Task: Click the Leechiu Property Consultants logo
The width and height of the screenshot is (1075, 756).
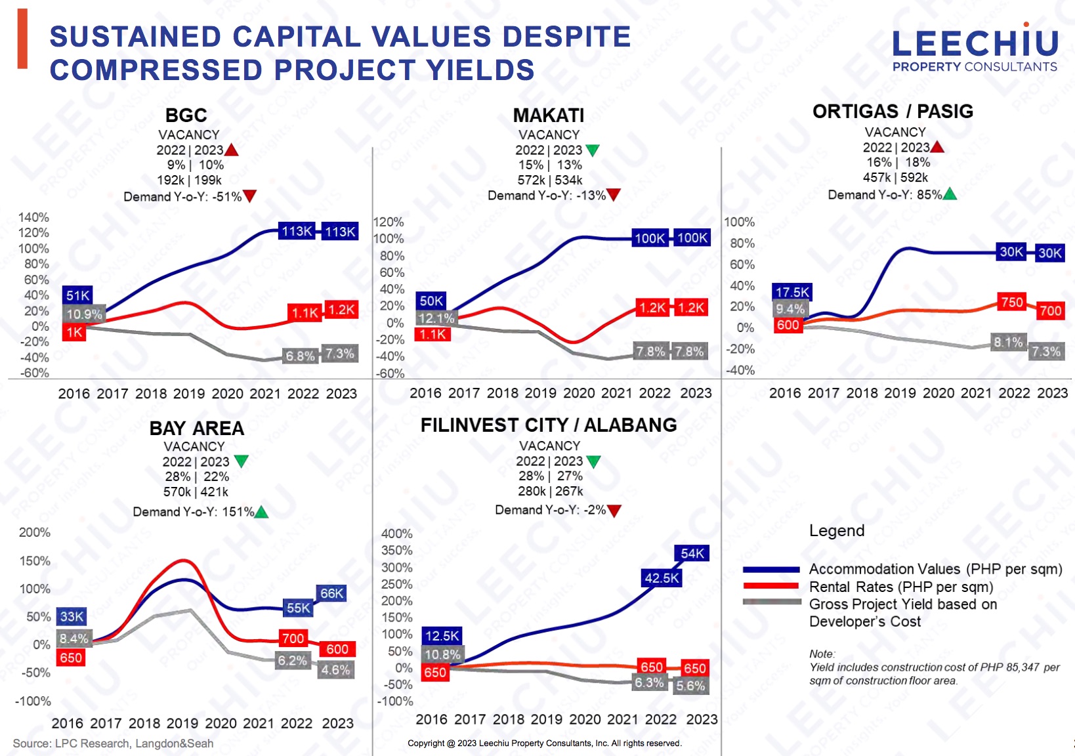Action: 975,49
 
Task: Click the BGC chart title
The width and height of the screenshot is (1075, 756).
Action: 186,115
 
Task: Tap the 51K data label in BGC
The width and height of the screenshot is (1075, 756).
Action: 77,295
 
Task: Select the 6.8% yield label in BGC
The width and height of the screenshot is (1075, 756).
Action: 300,356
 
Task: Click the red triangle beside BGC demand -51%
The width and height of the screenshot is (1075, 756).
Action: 250,196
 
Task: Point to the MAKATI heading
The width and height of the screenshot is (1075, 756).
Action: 549,115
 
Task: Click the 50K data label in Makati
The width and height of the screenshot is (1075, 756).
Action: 431,301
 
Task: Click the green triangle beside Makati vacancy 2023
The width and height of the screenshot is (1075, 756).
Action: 592,150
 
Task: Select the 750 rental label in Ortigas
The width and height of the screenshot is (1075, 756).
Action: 1012,302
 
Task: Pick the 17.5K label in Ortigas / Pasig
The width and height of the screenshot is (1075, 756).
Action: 792,292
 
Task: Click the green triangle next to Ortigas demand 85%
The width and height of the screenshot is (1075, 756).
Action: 950,194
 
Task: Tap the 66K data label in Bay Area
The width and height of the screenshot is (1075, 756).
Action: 331,593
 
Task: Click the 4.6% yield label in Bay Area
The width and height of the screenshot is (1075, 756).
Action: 335,670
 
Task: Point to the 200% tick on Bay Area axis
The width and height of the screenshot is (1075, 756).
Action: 35,532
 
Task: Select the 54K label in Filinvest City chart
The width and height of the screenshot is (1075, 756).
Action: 692,553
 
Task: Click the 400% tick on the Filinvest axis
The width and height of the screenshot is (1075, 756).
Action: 397,534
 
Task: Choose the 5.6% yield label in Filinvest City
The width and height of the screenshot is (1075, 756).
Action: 690,686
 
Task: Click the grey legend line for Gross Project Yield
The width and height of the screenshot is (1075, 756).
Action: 772,602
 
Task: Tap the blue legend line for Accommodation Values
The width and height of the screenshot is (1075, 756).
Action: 772,569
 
